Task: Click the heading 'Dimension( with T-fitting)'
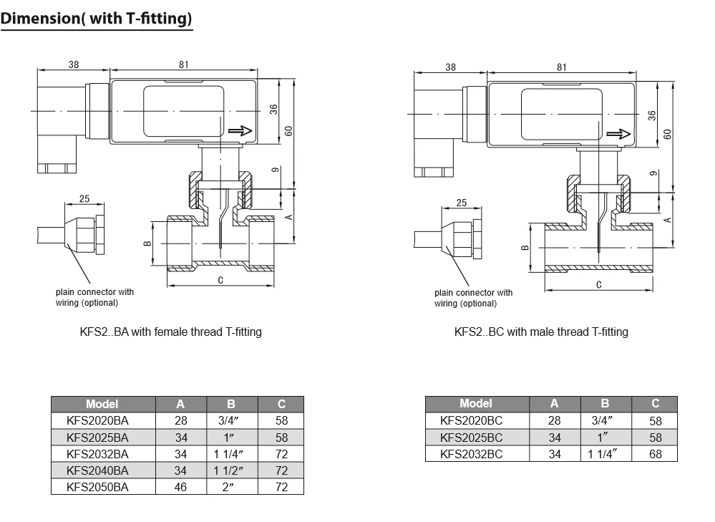97,18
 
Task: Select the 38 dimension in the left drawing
74,64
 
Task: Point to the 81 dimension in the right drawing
561,67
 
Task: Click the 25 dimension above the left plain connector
84,199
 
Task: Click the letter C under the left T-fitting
220,280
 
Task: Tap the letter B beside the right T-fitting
525,248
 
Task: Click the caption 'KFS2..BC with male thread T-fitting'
541,332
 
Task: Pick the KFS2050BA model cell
97,487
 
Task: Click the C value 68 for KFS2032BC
656,454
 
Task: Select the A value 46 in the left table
180,487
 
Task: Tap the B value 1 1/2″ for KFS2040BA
230,470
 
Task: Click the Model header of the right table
476,404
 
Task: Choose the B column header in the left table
230,405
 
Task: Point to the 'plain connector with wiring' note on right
473,298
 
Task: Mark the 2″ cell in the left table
230,487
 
